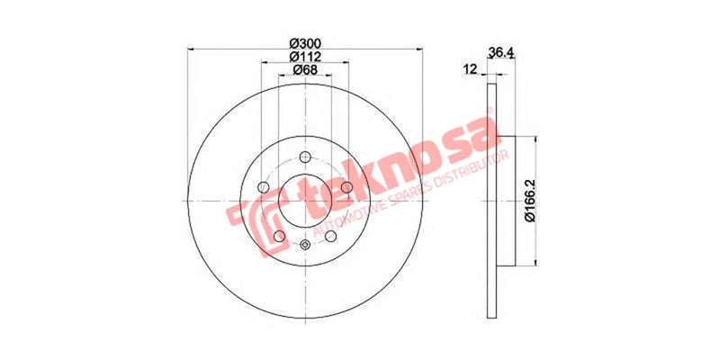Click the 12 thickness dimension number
point(469,68)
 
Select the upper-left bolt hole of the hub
point(264,187)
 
